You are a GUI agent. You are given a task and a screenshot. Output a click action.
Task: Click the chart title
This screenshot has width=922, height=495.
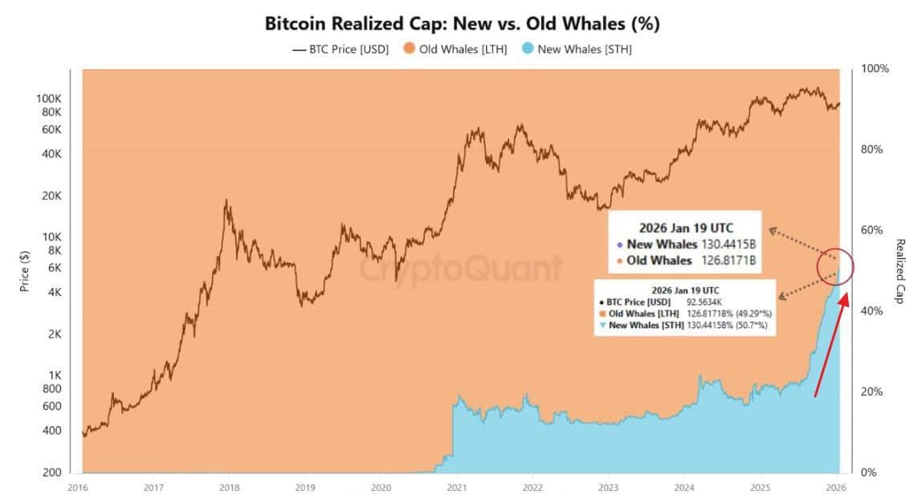point(462,23)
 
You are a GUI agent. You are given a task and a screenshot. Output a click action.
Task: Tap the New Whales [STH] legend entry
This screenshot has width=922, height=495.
point(577,50)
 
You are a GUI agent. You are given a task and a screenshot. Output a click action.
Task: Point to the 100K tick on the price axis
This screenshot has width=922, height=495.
point(49,99)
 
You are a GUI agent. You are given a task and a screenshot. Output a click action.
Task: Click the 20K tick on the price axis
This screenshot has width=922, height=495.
point(51,196)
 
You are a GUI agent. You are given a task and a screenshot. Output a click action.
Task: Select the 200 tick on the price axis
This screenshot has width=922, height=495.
point(52,472)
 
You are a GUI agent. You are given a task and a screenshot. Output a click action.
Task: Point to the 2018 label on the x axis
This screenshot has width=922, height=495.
point(230,486)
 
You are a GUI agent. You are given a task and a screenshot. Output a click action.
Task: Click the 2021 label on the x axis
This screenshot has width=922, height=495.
point(457,486)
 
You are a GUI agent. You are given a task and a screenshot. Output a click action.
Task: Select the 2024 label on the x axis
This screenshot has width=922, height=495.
point(684,486)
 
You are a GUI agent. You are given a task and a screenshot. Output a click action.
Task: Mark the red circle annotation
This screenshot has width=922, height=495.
point(835,267)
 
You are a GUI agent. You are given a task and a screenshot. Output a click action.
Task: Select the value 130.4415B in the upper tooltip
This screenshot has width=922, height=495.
point(729,244)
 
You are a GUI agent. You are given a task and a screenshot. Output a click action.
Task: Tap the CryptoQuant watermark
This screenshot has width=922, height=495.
point(461,269)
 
